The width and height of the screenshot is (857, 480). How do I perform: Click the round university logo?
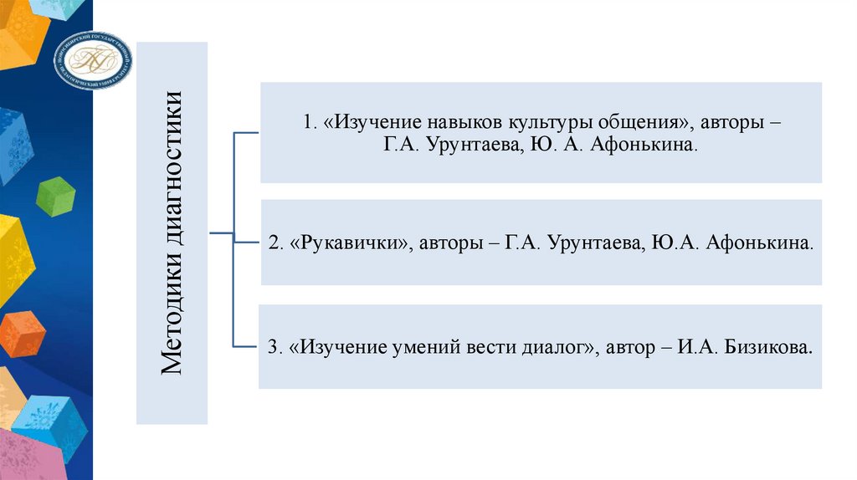pyautogui.click(x=94, y=60)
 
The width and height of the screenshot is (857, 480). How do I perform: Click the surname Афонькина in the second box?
pyautogui.click(x=759, y=243)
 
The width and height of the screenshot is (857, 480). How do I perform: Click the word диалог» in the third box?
pyautogui.click(x=563, y=347)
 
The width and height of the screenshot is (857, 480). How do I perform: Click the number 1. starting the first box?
pyautogui.click(x=309, y=122)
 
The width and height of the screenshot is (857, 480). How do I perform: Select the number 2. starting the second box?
pyautogui.click(x=275, y=243)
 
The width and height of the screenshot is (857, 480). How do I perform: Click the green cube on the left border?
pyautogui.click(x=56, y=197)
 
